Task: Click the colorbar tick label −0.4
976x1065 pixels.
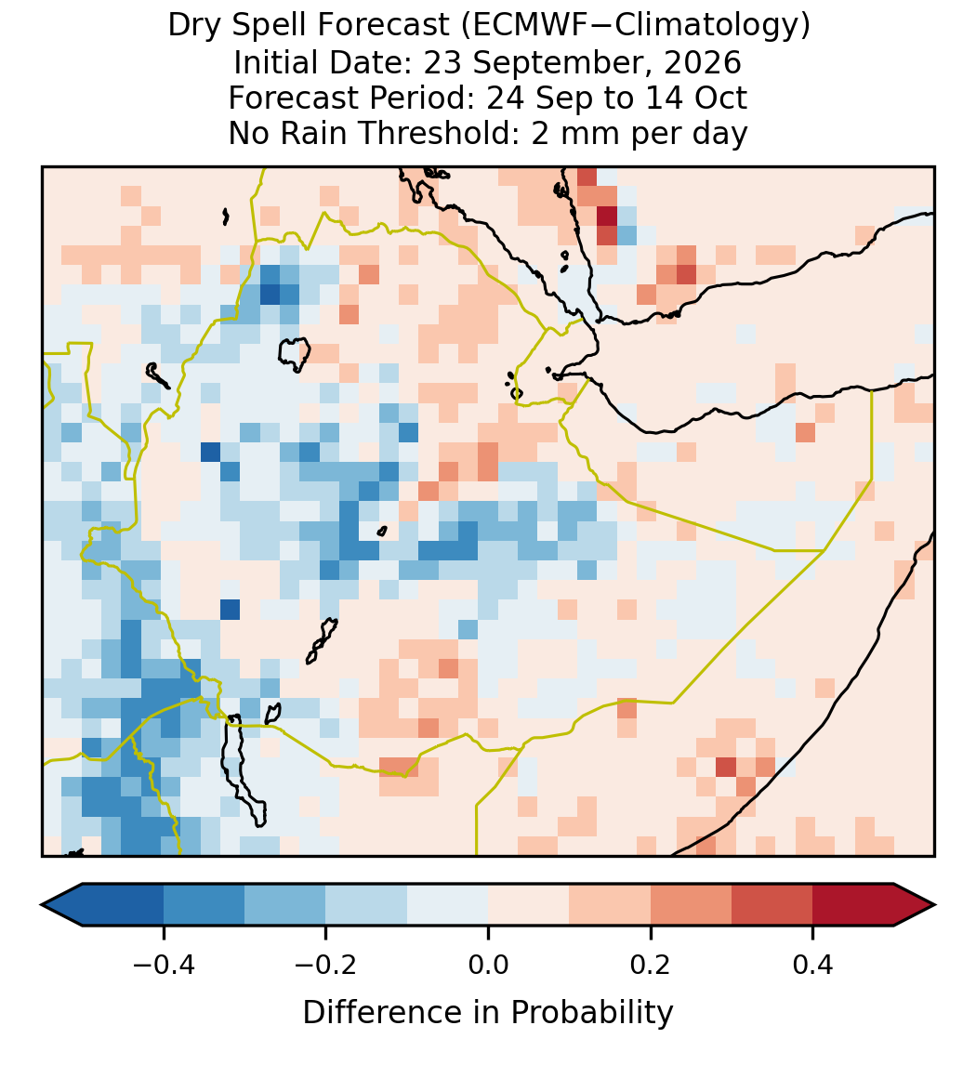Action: [164, 964]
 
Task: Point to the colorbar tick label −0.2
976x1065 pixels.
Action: [326, 964]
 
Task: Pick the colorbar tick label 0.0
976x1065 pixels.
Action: [488, 964]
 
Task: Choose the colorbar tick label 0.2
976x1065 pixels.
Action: [651, 964]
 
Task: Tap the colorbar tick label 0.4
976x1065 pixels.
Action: [813, 964]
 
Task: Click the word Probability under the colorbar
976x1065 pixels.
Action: [591, 1013]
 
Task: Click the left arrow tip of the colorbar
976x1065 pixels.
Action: [42, 905]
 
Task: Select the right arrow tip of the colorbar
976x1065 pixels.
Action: [935, 905]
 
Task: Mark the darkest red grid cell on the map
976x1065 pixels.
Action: [607, 216]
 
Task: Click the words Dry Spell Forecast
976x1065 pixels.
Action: [309, 25]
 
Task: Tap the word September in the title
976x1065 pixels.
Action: [565, 62]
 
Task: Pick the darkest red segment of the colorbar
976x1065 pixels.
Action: [853, 905]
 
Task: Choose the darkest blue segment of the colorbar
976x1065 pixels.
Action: [123, 905]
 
